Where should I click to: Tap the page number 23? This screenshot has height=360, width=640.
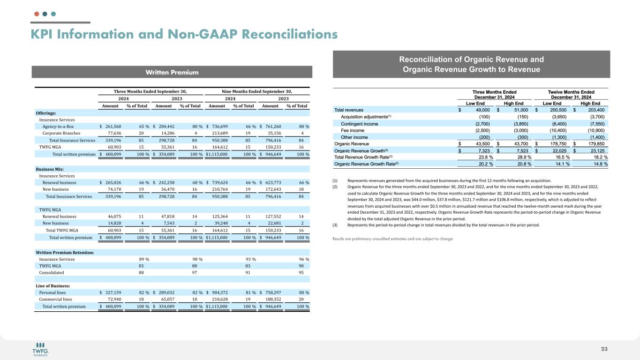[x=604, y=348]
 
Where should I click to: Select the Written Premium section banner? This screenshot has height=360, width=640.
[x=172, y=72]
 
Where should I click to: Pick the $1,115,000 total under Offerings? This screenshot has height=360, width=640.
[x=217, y=154]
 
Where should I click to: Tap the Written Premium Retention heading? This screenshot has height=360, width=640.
[x=65, y=253]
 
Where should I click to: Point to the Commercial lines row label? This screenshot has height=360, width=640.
[x=55, y=300]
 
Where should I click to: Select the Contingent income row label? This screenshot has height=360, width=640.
[x=360, y=124]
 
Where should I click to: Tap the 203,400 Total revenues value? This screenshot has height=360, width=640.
[x=593, y=110]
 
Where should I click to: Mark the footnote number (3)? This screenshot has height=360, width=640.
[x=336, y=225]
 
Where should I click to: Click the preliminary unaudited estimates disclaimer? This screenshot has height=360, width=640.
[x=392, y=239]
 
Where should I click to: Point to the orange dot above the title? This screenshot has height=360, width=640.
[x=37, y=14]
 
